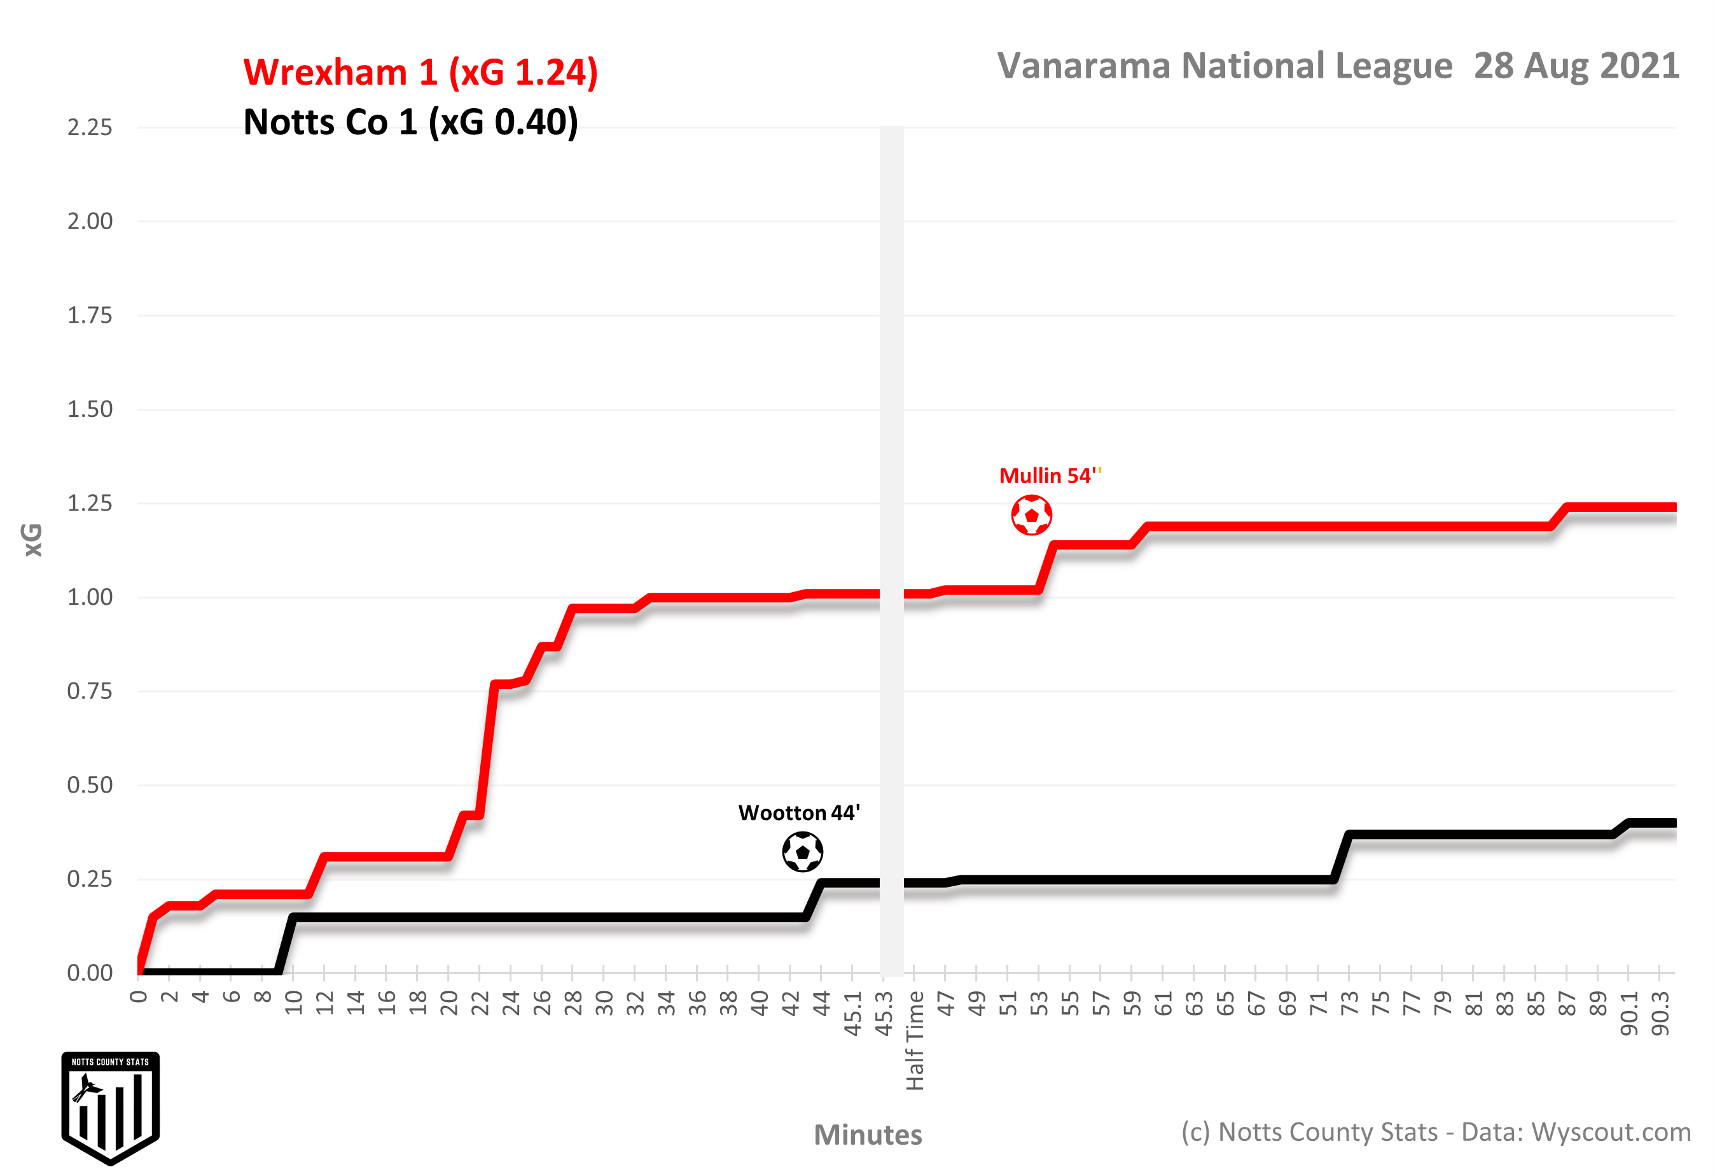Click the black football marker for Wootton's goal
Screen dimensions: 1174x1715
(802, 852)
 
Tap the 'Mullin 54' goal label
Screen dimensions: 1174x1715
(1048, 476)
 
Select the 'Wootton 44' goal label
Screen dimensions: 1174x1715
(798, 813)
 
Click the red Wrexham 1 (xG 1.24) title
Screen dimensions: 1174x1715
(420, 73)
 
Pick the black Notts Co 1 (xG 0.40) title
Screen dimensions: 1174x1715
(410, 123)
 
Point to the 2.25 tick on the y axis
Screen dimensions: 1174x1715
(90, 128)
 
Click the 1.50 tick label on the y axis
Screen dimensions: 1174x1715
(90, 410)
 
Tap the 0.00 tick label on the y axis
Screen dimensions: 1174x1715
(90, 973)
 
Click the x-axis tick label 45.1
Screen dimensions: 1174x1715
(853, 1014)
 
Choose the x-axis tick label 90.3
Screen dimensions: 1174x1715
(1660, 1014)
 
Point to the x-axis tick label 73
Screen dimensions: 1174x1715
(1350, 1003)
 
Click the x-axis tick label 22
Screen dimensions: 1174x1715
(480, 1003)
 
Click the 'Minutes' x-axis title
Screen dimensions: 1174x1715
(868, 1135)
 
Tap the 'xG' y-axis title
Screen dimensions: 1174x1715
(33, 540)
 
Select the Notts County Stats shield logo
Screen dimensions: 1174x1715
(111, 1108)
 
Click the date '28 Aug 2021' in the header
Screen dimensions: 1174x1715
(1576, 66)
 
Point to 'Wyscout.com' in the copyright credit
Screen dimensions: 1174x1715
(1610, 1132)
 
